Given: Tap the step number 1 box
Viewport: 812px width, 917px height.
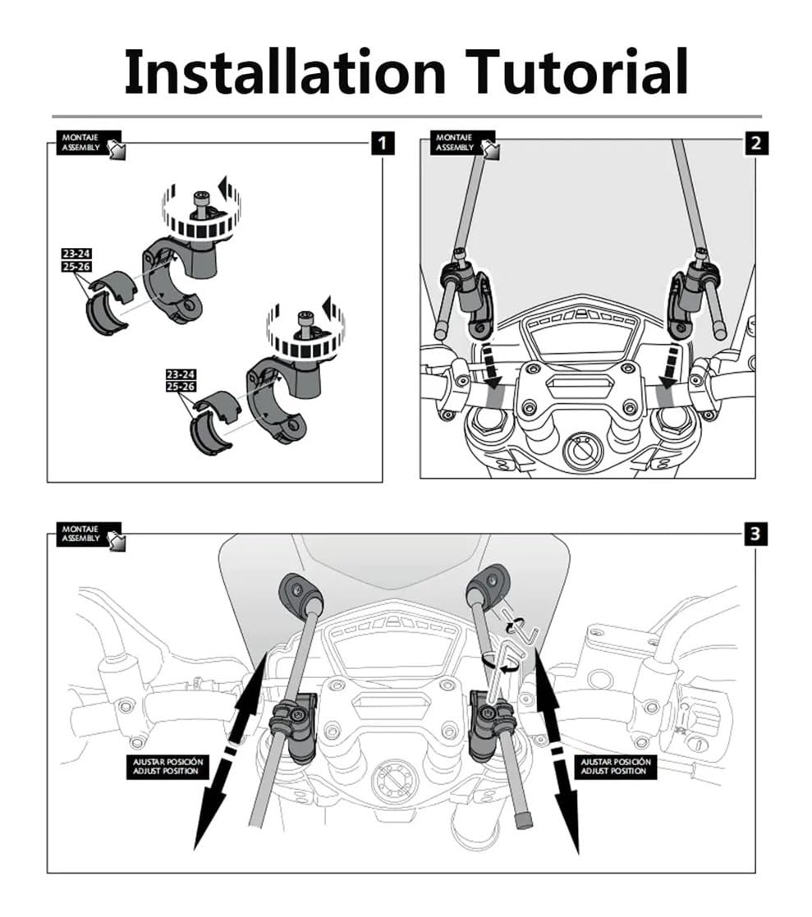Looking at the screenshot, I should [x=382, y=143].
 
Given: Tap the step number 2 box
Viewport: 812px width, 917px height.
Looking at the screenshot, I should [x=755, y=143].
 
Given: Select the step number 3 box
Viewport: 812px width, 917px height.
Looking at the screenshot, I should [x=755, y=534].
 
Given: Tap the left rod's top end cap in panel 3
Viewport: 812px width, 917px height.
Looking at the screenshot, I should [x=301, y=591].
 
